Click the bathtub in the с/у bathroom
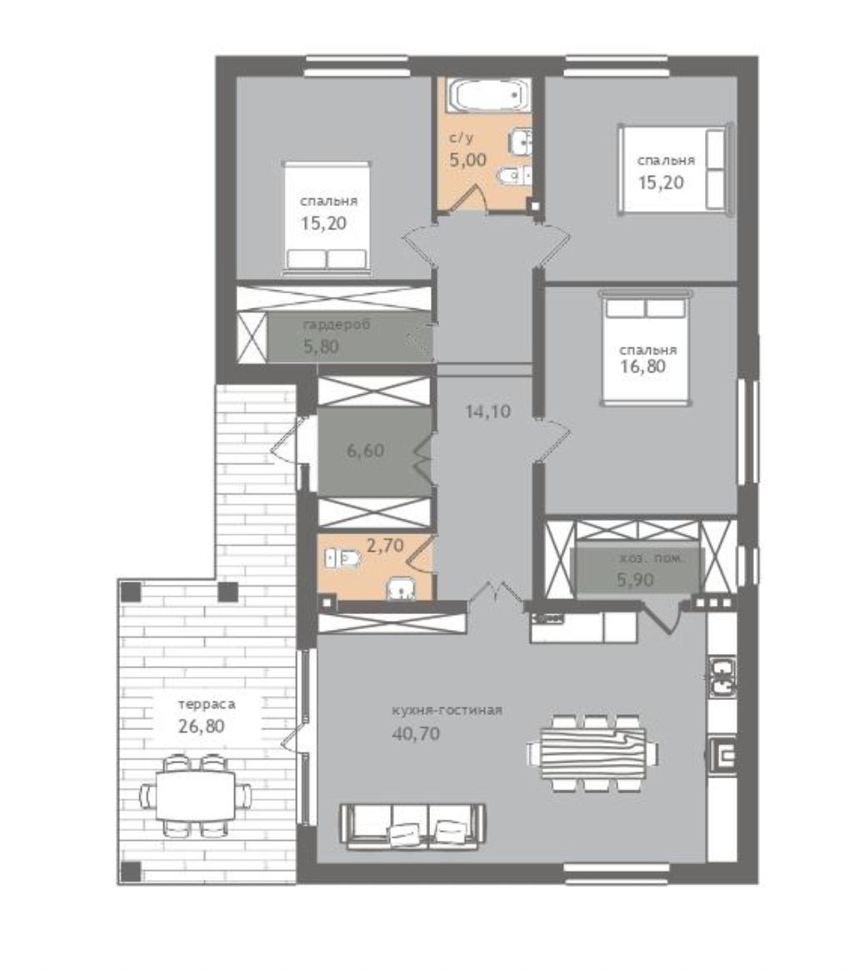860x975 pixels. pyautogui.click(x=492, y=95)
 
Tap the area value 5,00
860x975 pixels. pyautogui.click(x=467, y=160)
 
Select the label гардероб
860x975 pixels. pyautogui.click(x=337, y=325)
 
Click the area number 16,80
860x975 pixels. pyautogui.click(x=643, y=366)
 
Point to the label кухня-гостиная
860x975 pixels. pyautogui.click(x=447, y=710)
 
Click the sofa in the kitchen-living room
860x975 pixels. pyautogui.click(x=412, y=826)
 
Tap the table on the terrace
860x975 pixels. pyautogui.click(x=195, y=795)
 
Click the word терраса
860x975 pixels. pyautogui.click(x=207, y=704)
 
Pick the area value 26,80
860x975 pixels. pyautogui.click(x=202, y=726)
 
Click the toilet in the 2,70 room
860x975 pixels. pyautogui.click(x=344, y=557)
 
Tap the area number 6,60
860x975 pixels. pyautogui.click(x=365, y=450)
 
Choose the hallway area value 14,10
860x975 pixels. pyautogui.click(x=488, y=411)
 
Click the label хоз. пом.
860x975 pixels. pyautogui.click(x=652, y=558)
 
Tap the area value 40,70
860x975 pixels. pyautogui.click(x=416, y=733)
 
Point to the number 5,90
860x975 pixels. pyautogui.click(x=635, y=579)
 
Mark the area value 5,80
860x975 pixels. pyautogui.click(x=321, y=347)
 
